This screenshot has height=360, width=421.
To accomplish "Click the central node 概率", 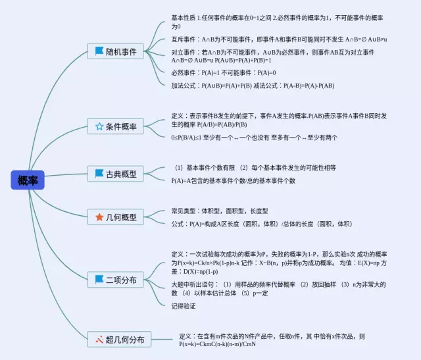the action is coord(27,180).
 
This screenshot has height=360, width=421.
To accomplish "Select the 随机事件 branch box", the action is coord(116,51).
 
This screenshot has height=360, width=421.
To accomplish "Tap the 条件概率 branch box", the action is coord(116,126).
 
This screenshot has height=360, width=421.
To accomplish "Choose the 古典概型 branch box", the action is coord(116,174).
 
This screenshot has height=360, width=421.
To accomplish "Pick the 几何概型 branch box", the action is coord(116,217).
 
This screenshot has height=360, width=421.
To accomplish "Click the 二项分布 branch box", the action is coord(116,279).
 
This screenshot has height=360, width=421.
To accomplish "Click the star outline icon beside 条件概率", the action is coord(99,126).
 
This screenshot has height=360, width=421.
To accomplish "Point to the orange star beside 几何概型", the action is coord(99,217).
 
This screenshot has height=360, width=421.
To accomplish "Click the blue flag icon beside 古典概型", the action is coord(99,174).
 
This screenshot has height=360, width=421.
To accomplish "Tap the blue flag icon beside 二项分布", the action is coord(99,279).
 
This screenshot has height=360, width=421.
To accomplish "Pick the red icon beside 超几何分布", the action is coord(99,340).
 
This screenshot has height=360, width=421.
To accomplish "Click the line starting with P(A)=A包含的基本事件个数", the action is coord(233,180).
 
